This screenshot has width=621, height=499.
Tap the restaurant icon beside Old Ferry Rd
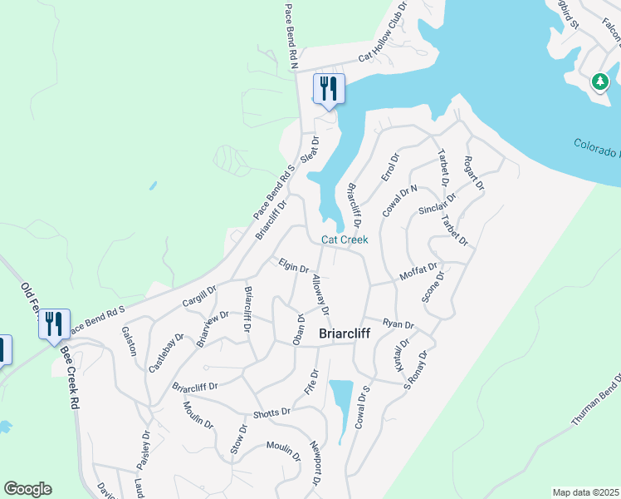click(x=54, y=324)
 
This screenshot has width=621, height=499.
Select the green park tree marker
click(x=599, y=82)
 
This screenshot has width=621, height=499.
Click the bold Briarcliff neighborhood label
click(x=345, y=333)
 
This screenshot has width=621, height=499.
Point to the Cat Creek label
click(x=345, y=240)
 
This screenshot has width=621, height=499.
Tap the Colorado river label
click(x=596, y=148)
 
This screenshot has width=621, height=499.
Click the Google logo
click(x=27, y=489)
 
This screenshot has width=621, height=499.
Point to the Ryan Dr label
click(x=399, y=323)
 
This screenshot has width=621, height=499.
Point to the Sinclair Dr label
click(x=438, y=205)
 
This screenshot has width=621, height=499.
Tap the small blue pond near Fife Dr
click(x=340, y=408)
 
